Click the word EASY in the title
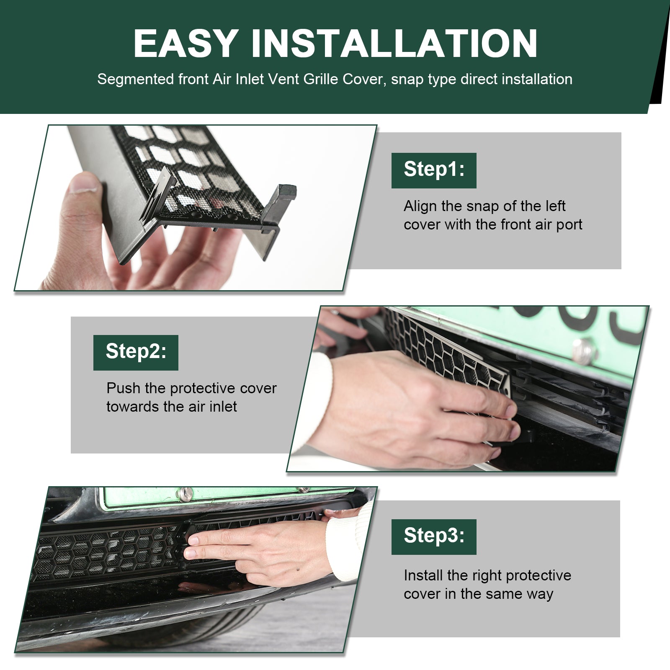click(x=186, y=44)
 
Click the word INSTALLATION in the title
click(x=394, y=44)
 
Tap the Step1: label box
click(x=434, y=170)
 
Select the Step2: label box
click(x=136, y=352)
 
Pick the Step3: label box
click(x=434, y=536)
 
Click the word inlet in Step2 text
click(x=223, y=406)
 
